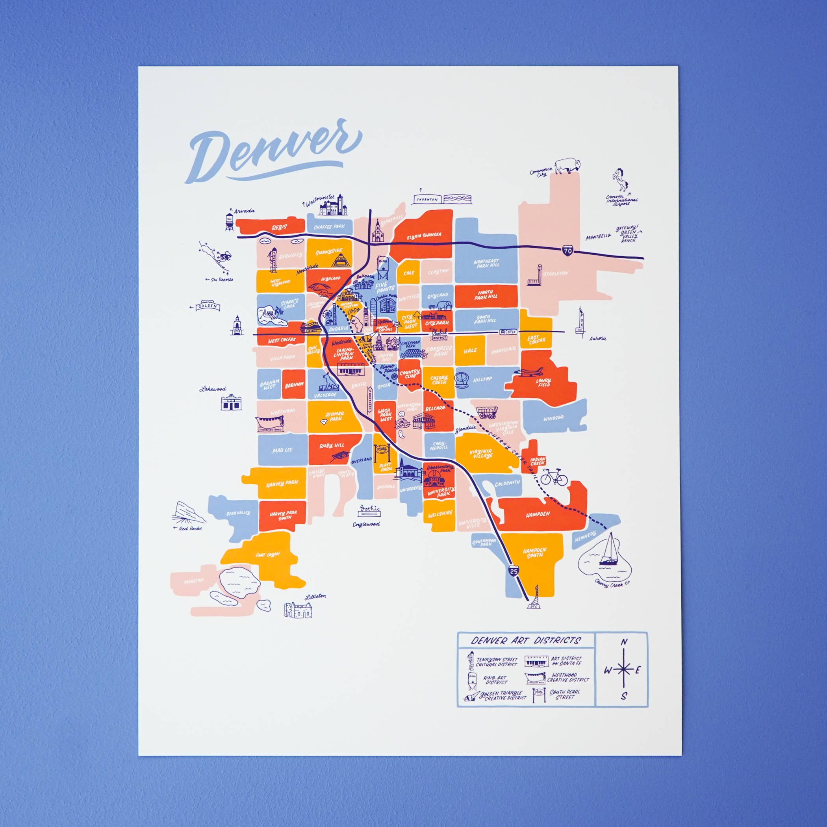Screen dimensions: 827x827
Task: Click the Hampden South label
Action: (x=535, y=553)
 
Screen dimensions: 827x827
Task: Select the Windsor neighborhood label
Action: (x=553, y=418)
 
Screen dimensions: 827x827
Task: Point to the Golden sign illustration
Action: (x=208, y=306)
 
